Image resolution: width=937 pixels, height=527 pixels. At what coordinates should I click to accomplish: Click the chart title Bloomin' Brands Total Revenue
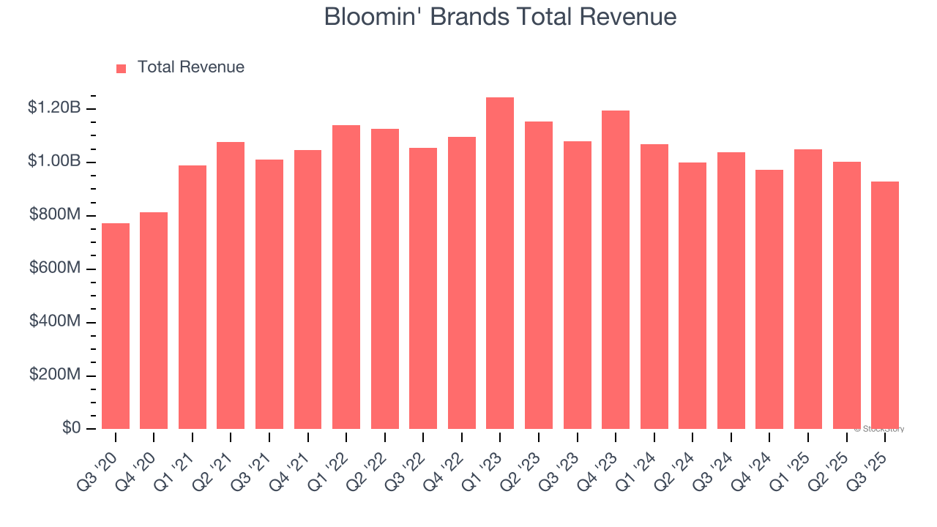(x=500, y=18)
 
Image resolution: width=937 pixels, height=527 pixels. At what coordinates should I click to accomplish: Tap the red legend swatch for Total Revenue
(x=121, y=68)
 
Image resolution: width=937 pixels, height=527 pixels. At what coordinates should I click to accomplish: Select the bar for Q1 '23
(x=500, y=263)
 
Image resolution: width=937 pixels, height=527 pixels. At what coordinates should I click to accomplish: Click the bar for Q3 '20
(x=116, y=326)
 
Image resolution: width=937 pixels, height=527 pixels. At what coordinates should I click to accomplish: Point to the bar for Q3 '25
(x=884, y=305)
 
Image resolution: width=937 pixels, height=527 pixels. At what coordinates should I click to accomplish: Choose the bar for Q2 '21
(x=231, y=285)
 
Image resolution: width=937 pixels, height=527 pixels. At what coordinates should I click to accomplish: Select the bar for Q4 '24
(x=769, y=299)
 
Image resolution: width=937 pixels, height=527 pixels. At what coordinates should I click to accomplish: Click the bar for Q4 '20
(x=154, y=321)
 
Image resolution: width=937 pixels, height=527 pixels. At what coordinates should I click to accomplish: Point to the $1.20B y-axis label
(x=54, y=108)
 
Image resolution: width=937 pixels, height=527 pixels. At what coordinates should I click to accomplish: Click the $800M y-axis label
(x=54, y=215)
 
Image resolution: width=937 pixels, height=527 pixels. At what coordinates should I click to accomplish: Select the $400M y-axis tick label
(x=54, y=322)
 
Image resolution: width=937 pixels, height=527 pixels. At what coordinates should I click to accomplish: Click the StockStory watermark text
(x=879, y=429)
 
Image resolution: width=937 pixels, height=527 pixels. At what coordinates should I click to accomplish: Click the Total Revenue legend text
(x=190, y=67)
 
